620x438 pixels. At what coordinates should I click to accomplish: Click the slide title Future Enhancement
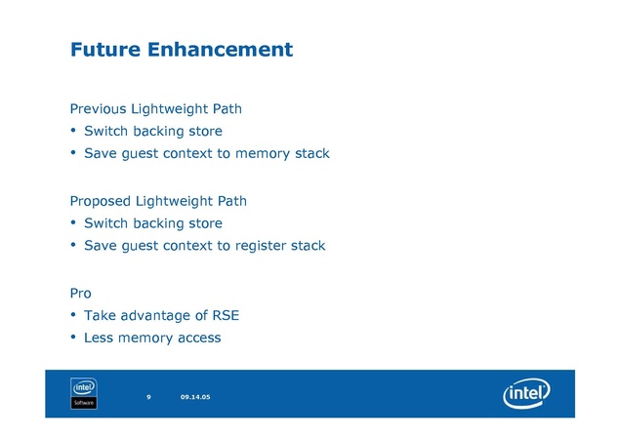click(181, 49)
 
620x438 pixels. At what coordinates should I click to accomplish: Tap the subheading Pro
click(80, 293)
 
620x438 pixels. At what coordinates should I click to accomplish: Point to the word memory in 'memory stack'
click(263, 154)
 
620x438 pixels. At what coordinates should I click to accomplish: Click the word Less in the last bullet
click(98, 338)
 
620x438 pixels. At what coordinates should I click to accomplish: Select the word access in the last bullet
click(199, 338)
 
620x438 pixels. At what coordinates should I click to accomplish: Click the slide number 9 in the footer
click(148, 397)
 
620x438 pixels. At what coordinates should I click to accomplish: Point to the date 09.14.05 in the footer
click(195, 397)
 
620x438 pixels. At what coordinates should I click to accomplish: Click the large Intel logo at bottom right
click(526, 395)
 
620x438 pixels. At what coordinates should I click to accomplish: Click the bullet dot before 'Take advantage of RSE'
click(73, 315)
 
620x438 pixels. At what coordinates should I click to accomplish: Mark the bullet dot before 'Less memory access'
click(73, 338)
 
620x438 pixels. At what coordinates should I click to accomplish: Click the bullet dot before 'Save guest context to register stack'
click(73, 246)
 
